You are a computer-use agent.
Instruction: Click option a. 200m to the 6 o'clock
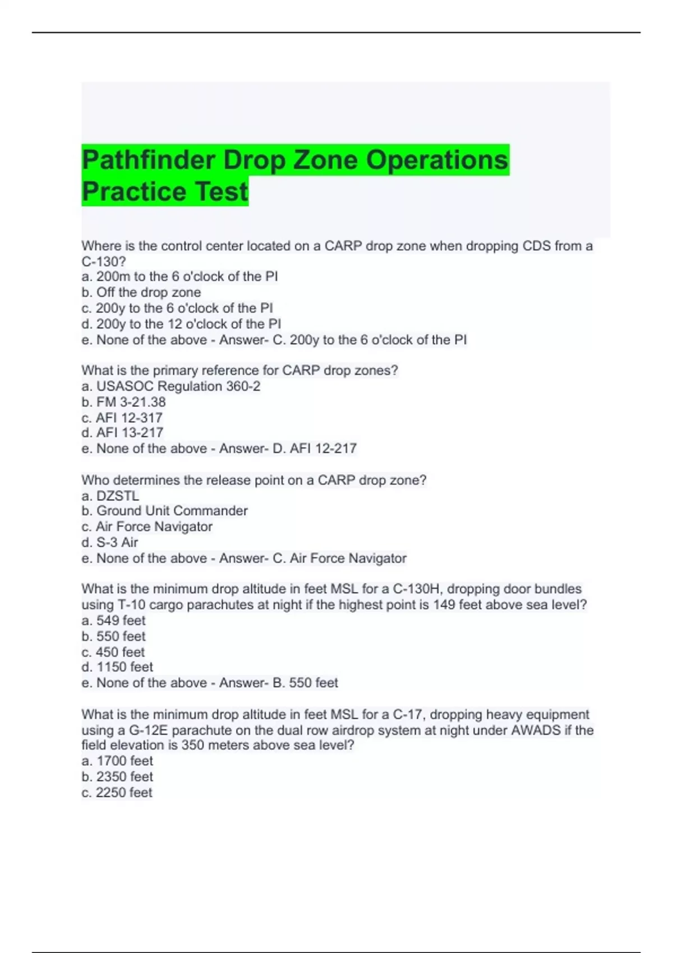tap(179, 276)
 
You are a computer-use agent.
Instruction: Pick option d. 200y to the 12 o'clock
tap(181, 324)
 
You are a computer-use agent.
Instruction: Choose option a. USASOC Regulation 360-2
tap(171, 386)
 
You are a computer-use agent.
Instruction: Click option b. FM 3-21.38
tap(123, 402)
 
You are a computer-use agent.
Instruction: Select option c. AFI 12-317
tap(122, 418)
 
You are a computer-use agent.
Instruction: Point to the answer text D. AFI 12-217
tap(315, 448)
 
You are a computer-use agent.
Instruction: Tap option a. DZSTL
tap(110, 496)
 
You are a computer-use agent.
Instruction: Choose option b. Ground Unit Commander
tap(164, 511)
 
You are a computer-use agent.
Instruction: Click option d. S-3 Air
tap(110, 542)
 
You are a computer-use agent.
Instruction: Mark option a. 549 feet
tap(113, 621)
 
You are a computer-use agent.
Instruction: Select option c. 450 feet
tap(113, 652)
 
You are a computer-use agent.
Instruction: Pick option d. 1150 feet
tap(117, 667)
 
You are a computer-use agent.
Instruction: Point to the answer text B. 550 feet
tap(306, 683)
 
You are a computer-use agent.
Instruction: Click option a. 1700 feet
tap(117, 761)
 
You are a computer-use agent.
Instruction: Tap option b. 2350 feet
tap(117, 776)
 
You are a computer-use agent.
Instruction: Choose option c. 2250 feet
tap(117, 792)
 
